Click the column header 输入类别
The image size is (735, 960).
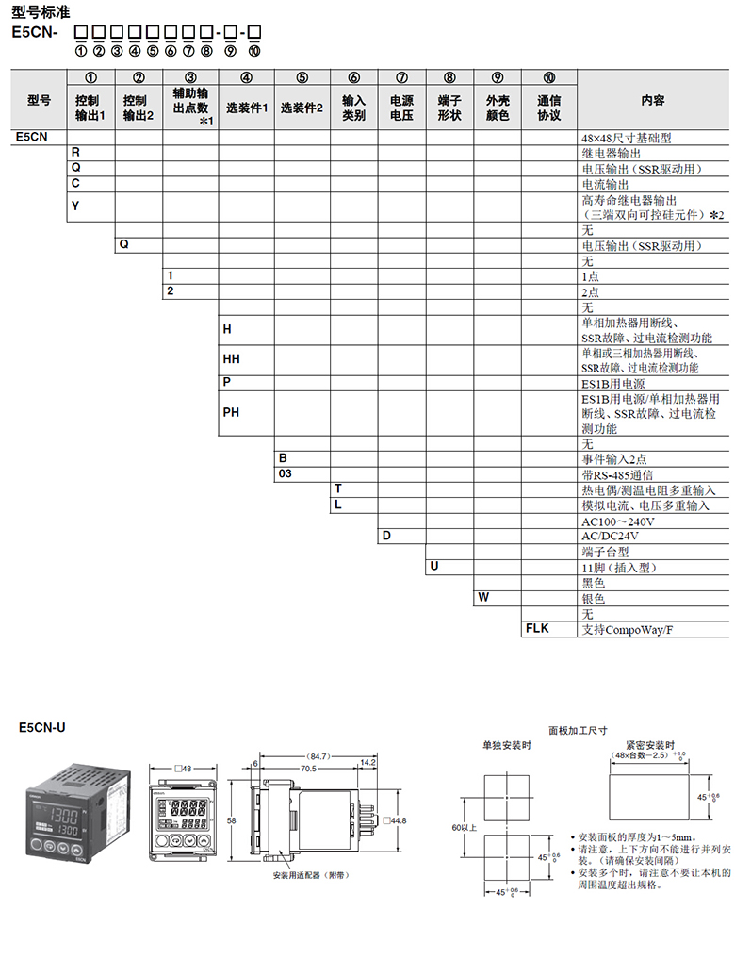click(353, 108)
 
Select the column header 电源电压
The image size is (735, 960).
click(401, 108)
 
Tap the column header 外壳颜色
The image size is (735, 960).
click(498, 108)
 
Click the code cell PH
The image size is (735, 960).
click(231, 412)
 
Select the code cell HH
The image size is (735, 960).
click(231, 360)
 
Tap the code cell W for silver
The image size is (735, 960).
click(483, 598)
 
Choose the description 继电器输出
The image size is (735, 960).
click(612, 152)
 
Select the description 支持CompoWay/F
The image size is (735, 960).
click(628, 628)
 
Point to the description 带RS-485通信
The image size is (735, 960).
click(617, 474)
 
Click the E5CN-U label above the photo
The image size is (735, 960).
click(42, 728)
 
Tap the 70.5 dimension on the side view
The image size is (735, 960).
click(308, 769)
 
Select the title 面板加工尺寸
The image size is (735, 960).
click(578, 730)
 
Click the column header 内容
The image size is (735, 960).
click(652, 100)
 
